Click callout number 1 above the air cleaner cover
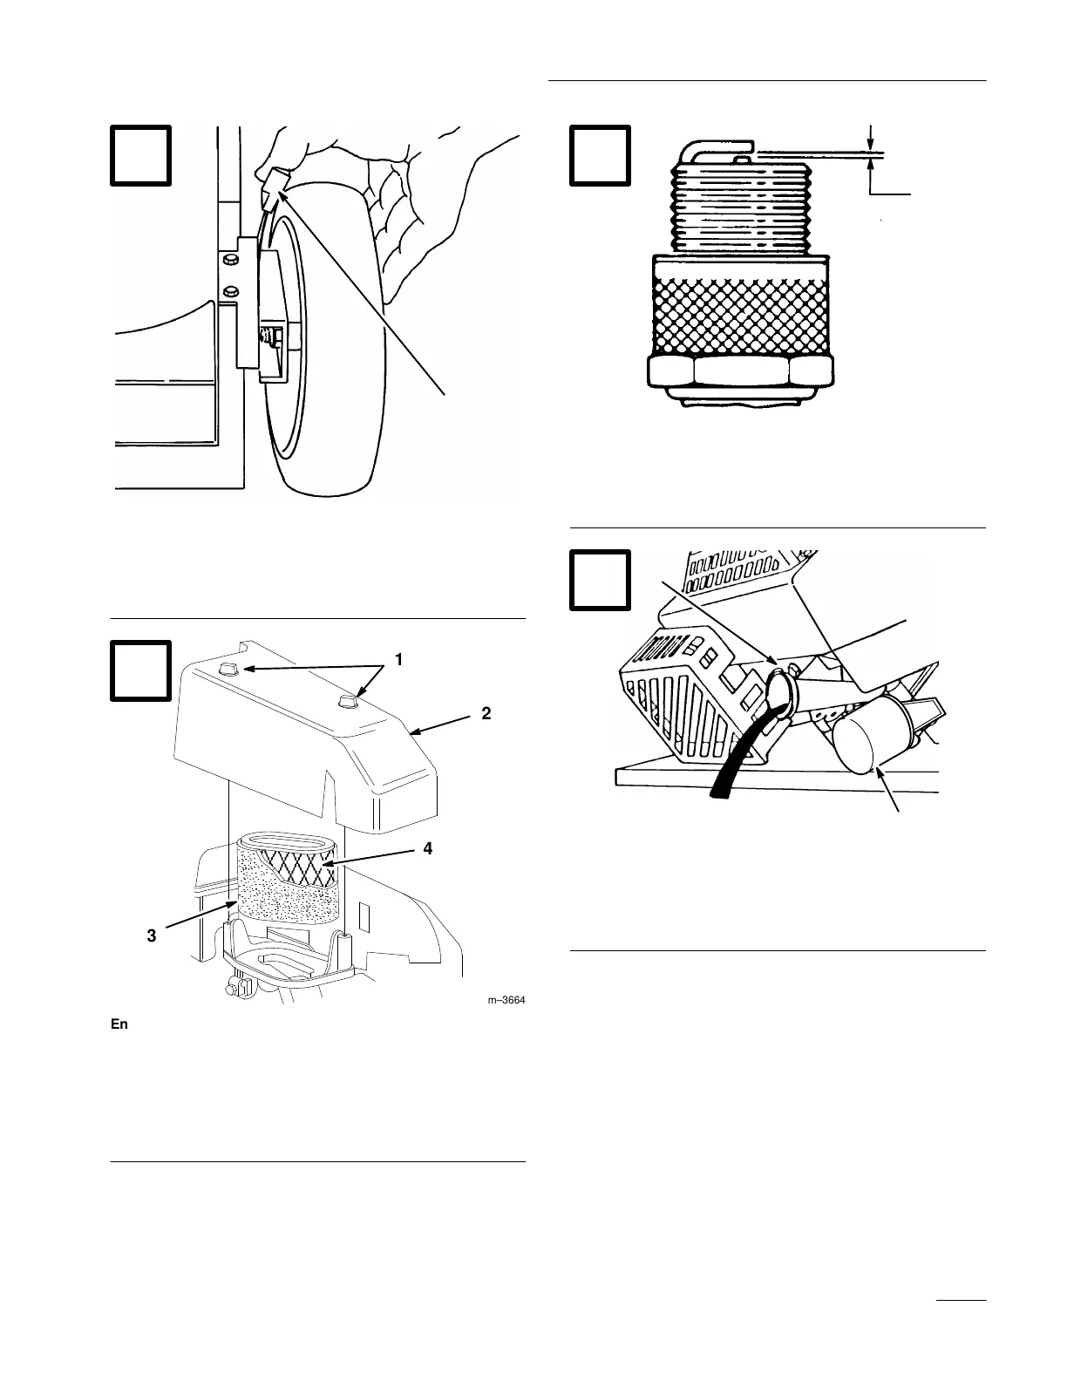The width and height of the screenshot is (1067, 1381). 398,660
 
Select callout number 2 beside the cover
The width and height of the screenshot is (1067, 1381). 486,713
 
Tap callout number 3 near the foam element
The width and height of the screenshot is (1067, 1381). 152,935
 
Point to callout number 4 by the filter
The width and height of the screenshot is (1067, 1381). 427,848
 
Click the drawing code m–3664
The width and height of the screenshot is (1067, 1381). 506,1000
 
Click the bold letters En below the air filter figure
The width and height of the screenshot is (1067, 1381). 119,1024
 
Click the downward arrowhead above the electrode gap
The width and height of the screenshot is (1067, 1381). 870,144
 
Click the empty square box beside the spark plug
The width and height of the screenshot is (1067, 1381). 600,155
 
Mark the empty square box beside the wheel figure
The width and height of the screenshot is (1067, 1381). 141,155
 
